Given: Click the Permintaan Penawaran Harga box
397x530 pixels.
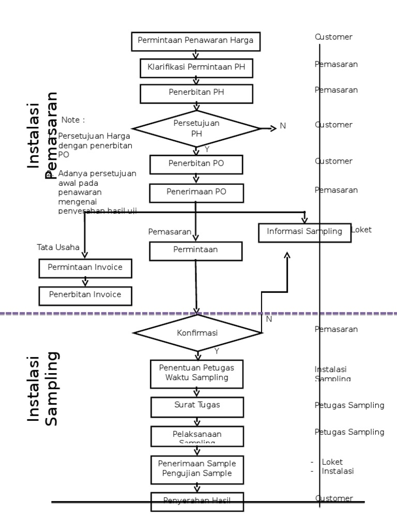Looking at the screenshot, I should [195, 41].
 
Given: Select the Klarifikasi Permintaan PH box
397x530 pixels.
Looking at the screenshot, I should [196, 67].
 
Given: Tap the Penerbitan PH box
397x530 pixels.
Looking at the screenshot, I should [196, 94].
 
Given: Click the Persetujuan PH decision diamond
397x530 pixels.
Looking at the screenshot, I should [196, 128].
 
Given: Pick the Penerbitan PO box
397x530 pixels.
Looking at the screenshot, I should [196, 165].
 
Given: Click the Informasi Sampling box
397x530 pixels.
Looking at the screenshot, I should [304, 232].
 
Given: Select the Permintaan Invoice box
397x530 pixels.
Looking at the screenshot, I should [85, 268].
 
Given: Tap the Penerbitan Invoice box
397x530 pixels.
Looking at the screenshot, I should [85, 295].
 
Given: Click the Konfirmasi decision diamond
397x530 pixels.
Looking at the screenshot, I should [197, 333].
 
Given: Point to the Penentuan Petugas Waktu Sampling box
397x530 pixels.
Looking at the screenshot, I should [196, 373].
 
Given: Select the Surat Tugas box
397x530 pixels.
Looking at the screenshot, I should [196, 406].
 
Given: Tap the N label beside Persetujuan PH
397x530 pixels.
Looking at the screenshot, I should [283, 126].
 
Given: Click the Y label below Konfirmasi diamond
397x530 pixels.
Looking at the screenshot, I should [217, 351].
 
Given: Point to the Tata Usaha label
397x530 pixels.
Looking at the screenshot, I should [58, 247].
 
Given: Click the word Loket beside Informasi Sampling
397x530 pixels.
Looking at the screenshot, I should [361, 230].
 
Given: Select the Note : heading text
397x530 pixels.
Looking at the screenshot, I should [73, 120].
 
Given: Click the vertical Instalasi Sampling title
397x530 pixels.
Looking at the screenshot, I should [43, 389].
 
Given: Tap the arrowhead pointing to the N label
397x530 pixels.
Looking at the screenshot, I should [273, 128].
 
